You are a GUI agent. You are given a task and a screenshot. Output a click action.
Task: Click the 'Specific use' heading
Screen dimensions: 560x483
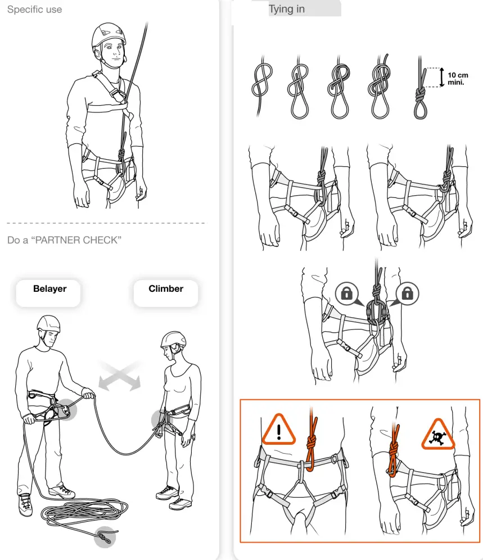pos(34,10)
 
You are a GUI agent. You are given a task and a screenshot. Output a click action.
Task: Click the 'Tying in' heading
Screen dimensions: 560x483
pos(287,9)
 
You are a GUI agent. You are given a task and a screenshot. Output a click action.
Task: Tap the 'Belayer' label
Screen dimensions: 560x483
pos(49,289)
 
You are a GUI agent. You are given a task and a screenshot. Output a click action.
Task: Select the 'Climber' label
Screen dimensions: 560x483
pos(166,289)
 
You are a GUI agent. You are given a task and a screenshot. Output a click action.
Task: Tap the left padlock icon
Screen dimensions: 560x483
pos(346,293)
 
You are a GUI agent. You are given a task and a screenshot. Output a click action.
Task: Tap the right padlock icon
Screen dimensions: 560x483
pos(408,293)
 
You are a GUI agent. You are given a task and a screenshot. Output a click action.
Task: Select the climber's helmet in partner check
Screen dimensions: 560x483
pos(173,338)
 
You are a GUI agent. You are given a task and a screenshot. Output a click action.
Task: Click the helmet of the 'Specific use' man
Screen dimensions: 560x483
pos(109,35)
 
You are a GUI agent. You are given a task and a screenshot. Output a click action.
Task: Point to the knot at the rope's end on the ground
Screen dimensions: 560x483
pos(104,536)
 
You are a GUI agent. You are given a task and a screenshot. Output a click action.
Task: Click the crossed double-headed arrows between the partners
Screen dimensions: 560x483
pos(119,376)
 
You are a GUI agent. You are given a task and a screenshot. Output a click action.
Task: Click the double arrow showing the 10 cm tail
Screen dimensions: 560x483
pos(441,78)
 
